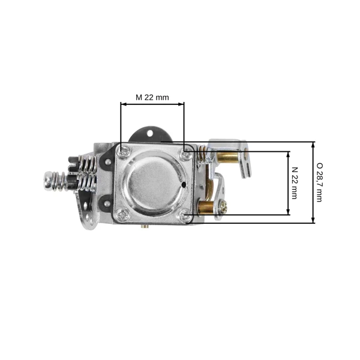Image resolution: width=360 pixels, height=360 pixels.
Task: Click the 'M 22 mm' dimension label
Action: (152, 97)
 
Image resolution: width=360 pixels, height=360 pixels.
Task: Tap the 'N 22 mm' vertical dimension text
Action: (295, 183)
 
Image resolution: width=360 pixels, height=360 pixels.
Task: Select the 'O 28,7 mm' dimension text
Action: (319, 182)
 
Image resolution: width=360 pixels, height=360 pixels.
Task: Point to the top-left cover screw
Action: (124, 152)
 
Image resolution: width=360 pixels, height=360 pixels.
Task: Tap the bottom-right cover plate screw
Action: (184, 215)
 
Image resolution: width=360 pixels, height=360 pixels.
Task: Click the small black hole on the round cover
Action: (184, 184)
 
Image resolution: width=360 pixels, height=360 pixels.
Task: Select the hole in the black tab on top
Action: (149, 133)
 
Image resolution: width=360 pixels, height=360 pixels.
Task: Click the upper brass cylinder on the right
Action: (228, 157)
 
